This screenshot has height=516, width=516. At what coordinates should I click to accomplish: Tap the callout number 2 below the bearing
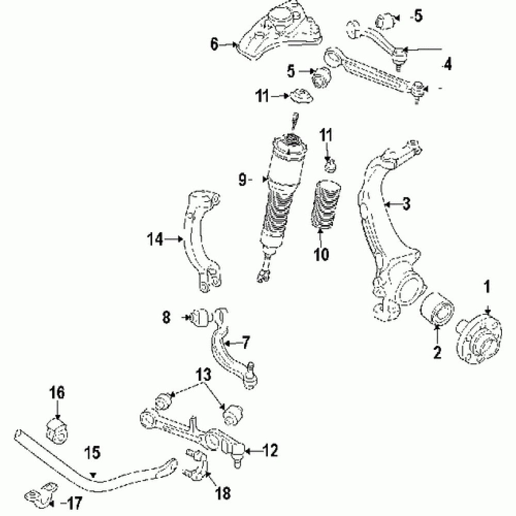pos(438,353)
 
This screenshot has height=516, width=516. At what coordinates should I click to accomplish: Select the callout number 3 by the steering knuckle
pos(407,204)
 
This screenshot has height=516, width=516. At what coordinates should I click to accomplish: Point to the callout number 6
pos(214,45)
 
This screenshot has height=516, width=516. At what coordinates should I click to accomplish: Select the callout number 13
pos(204,375)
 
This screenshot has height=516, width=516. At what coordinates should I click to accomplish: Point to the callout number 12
pos(269,451)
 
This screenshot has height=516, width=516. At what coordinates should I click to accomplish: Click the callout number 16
pos(57,393)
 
